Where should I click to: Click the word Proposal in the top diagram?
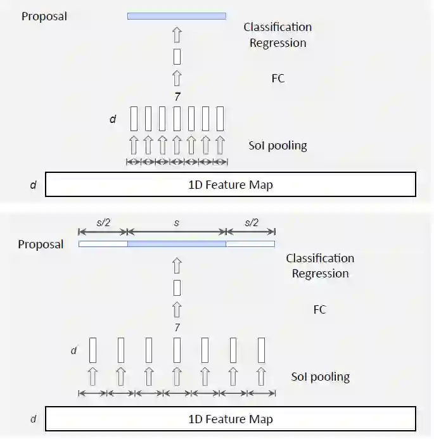44,16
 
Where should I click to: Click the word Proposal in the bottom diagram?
41,245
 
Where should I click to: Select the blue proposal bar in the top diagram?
176,16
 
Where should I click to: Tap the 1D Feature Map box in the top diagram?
231,184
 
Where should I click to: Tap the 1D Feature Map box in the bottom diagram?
231,419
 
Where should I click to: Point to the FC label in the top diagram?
278,79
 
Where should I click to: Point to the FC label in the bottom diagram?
320,310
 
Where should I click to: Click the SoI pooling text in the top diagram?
278,146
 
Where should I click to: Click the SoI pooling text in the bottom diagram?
320,377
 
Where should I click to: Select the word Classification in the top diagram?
278,27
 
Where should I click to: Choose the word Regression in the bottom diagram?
320,274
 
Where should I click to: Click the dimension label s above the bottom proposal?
177,224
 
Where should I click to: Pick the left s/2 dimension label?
103,224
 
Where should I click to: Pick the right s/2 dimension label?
251,224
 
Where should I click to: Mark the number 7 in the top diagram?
177,96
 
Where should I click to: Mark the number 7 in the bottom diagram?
177,328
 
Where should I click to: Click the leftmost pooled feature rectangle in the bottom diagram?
93,350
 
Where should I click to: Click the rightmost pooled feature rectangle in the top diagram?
220,118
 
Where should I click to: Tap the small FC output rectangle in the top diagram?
177,56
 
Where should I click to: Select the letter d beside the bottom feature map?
33,419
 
